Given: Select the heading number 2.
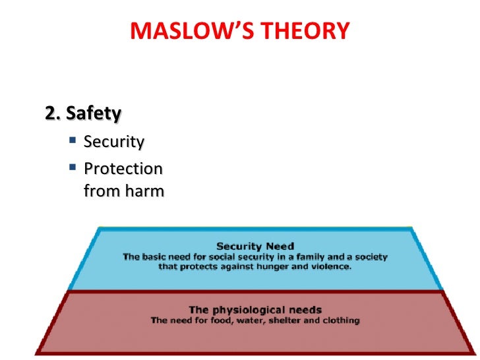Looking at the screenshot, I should [x=51, y=114].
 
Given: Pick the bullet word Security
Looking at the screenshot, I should [x=114, y=142].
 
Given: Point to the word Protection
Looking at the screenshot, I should [x=123, y=169].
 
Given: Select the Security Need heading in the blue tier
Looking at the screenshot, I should [x=255, y=246].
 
